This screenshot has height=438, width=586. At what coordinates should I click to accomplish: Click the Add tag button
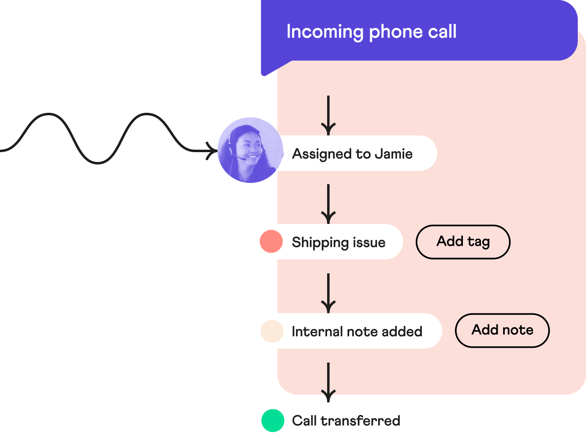pyautogui.click(x=463, y=242)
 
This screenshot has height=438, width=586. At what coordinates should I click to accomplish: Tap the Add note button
pyautogui.click(x=502, y=330)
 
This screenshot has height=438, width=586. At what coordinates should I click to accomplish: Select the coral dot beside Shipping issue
pyautogui.click(x=271, y=241)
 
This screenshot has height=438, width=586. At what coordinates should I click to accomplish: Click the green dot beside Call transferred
pyautogui.click(x=273, y=420)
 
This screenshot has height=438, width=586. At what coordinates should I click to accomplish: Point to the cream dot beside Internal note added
pyautogui.click(x=272, y=331)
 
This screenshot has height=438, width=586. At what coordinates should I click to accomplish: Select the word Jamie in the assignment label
pyautogui.click(x=394, y=154)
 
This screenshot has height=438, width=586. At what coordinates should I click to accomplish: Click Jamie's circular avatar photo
pyautogui.click(x=250, y=150)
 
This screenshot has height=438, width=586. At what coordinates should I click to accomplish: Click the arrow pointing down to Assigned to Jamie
pyautogui.click(x=328, y=115)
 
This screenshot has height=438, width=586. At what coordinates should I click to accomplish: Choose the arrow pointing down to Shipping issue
pyautogui.click(x=328, y=204)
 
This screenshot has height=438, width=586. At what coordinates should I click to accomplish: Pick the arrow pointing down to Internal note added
pyautogui.click(x=328, y=293)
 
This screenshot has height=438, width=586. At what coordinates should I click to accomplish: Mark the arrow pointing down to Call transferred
pyautogui.click(x=328, y=382)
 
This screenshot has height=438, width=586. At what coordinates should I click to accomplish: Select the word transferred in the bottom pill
pyautogui.click(x=360, y=421)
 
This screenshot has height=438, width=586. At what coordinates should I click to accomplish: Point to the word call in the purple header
pyautogui.click(x=442, y=32)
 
